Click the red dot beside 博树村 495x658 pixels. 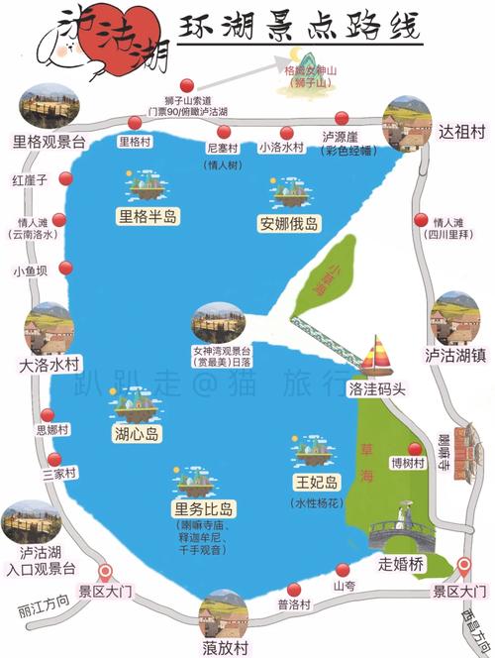[413, 449]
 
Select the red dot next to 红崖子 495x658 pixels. [66, 179]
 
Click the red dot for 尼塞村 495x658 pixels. [224, 132]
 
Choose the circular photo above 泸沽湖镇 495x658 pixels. [455, 317]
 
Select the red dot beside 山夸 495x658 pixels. [343, 569]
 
